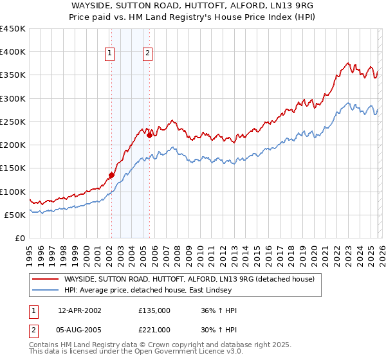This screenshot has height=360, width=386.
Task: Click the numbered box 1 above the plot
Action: click(x=110, y=53)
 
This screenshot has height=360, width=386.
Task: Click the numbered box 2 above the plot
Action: click(x=148, y=53)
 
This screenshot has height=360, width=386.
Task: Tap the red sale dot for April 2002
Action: click(x=111, y=175)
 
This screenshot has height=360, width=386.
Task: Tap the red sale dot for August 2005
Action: click(x=149, y=135)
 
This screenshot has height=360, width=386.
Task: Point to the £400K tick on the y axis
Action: click(x=14, y=52)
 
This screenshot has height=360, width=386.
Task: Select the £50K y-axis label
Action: click(x=16, y=215)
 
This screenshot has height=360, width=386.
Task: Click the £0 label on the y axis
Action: click(x=21, y=238)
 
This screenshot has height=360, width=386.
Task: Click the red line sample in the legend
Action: click(x=45, y=279)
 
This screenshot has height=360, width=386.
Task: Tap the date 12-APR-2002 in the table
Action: click(x=79, y=310)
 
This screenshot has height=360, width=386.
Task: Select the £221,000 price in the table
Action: click(x=154, y=329)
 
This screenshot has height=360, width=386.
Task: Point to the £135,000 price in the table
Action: click(x=154, y=310)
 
